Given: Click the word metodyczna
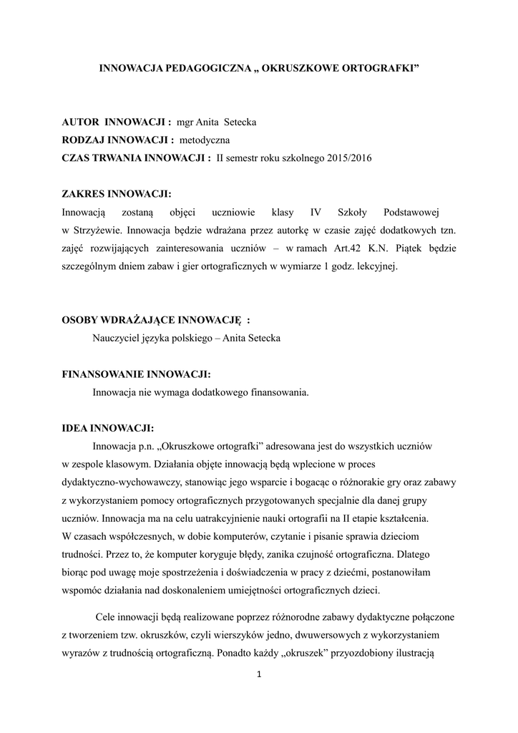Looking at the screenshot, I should [205, 140].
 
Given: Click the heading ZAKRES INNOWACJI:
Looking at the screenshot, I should [117, 194].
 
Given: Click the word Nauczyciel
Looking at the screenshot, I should [117, 338].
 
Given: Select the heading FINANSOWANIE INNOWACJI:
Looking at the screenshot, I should [137, 374].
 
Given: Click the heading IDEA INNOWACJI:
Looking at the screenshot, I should [108, 428].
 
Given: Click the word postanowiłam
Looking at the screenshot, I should [398, 573].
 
